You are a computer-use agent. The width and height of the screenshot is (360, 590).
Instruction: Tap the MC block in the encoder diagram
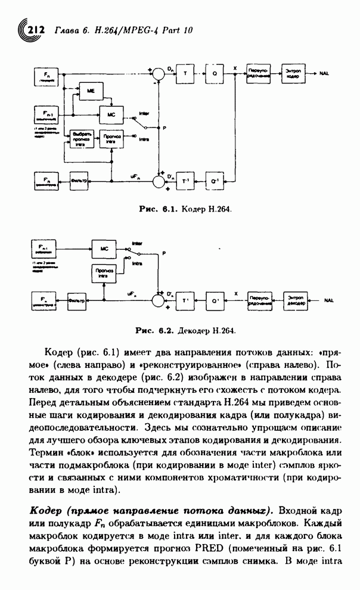[111, 113]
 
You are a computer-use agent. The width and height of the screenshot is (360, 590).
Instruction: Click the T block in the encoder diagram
[185, 74]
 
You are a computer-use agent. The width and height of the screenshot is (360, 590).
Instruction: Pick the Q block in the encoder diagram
[214, 74]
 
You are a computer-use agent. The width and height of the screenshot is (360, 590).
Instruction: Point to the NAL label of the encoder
[324, 73]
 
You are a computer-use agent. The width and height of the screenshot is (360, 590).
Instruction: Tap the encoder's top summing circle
[159, 74]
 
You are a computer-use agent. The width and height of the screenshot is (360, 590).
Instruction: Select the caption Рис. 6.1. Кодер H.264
[185, 210]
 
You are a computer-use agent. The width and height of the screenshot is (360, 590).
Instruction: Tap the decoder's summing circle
[158, 300]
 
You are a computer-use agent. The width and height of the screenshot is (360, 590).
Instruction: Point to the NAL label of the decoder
[329, 300]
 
